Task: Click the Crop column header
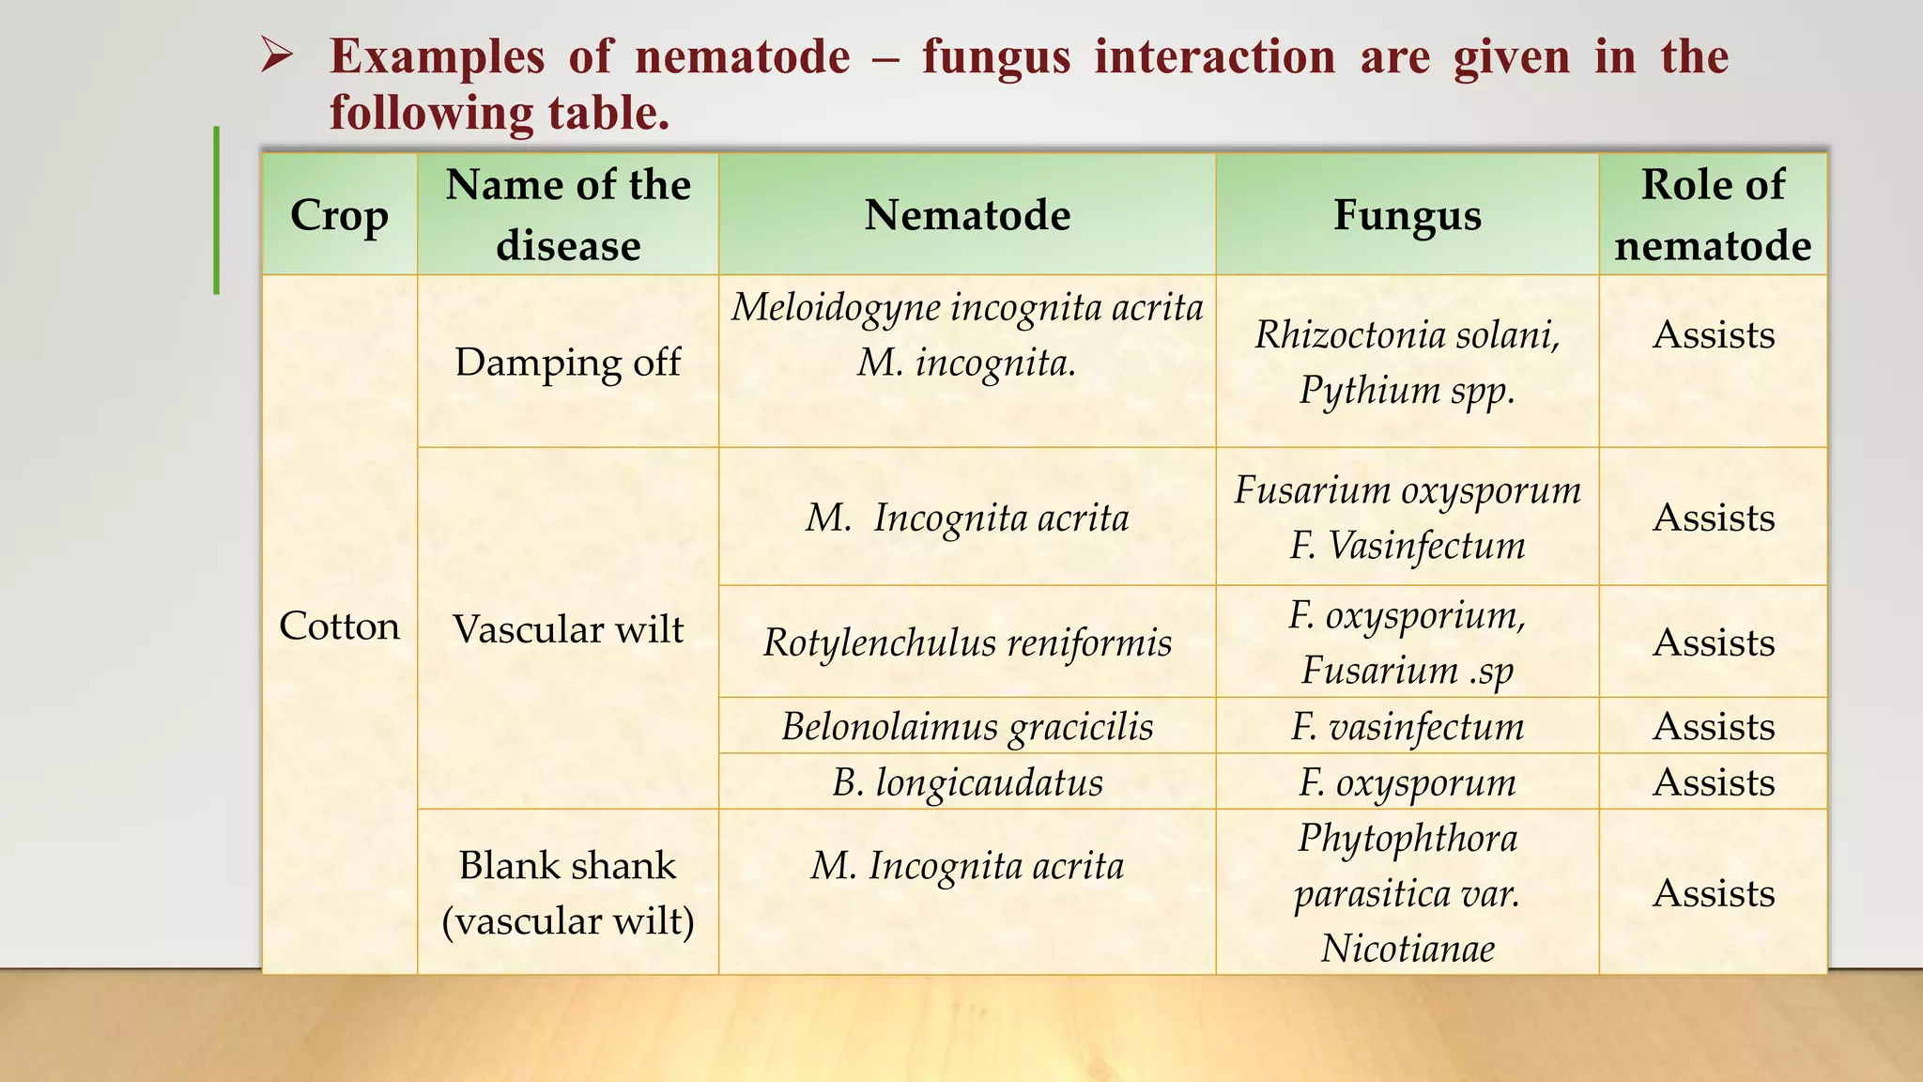pos(339,215)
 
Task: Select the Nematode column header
pos(967,215)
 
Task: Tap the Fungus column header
pos(1407,215)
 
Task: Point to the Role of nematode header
pos(1713,215)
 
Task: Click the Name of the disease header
pos(568,215)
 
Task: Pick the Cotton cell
pos(339,626)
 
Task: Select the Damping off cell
pos(568,362)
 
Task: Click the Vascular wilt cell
pos(568,628)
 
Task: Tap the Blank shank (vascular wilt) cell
pos(568,892)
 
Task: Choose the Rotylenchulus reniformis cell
pos(967,642)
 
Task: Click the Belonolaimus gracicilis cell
pos(967,726)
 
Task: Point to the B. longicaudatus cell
pos(967,781)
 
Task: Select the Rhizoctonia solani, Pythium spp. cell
pos(1407,362)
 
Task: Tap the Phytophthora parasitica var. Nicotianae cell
pos(1407,892)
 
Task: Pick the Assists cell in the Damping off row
pos(1713,334)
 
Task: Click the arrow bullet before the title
pos(278,57)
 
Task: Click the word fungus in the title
pos(995,57)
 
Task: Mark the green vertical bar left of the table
pos(217,210)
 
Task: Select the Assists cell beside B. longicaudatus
pos(1713,781)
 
